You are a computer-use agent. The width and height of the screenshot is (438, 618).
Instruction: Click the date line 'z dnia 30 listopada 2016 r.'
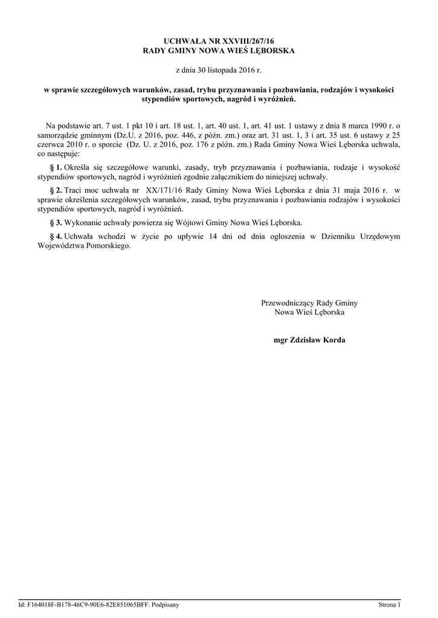tap(219, 71)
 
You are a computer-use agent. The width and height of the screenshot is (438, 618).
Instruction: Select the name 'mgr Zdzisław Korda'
tap(309, 340)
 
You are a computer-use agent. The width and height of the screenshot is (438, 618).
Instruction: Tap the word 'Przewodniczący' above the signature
tap(288, 303)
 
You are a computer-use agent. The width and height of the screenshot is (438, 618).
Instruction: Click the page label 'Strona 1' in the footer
tap(389, 604)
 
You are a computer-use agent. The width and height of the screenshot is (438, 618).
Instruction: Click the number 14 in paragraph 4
tap(212, 237)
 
